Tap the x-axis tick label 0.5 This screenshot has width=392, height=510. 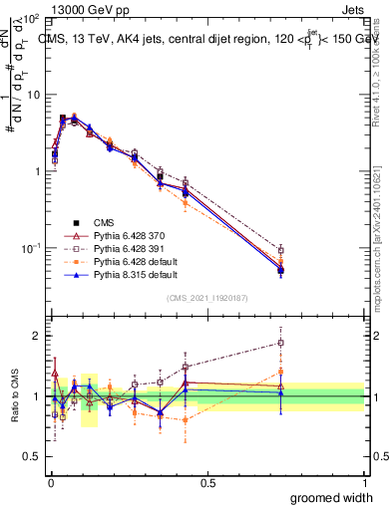click(207, 482)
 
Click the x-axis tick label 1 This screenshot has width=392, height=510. click(365, 482)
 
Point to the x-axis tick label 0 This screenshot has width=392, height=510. click(50, 482)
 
